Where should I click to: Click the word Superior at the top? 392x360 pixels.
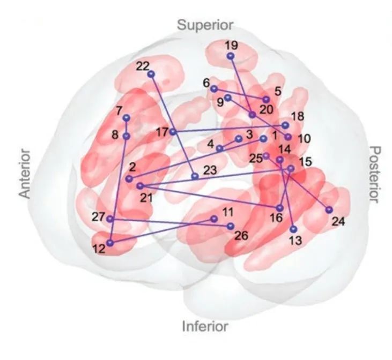205,26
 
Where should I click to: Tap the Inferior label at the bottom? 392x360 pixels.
205,326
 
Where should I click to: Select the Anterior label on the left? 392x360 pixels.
25,174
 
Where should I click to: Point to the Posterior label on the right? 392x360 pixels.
375,174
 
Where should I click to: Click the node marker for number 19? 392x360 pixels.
231,56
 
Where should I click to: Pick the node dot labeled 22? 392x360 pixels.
151,74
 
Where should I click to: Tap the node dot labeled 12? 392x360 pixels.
110,243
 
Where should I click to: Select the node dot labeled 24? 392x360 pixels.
329,210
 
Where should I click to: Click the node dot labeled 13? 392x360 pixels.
294,229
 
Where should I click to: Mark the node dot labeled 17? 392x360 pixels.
173,132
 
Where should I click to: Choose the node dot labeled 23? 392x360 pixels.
195,176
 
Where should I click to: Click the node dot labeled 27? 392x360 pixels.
110,219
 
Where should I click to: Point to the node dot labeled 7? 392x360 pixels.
127,118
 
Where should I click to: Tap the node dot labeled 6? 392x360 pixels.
214,89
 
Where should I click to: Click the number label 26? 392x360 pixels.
241,236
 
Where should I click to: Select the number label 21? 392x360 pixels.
146,198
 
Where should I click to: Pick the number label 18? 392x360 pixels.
298,116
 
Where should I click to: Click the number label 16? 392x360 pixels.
276,218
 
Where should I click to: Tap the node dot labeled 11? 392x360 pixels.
214,219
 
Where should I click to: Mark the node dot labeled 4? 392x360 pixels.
219,148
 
